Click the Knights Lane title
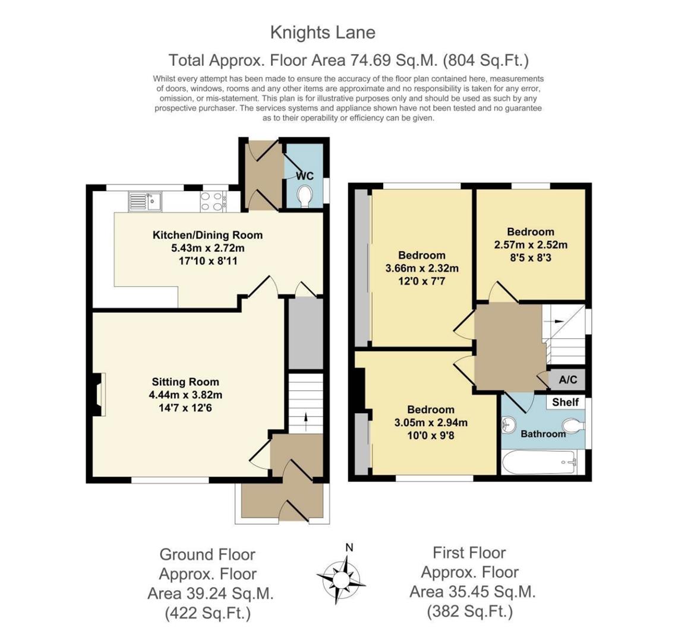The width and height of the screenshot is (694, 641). tap(323, 32)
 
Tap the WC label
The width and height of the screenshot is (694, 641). tap(304, 176)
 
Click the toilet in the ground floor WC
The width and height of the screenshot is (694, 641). tap(305, 196)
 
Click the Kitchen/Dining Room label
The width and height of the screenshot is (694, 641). tap(207, 235)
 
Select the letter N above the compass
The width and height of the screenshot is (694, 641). tap(349, 548)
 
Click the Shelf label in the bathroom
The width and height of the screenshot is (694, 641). tap(565, 402)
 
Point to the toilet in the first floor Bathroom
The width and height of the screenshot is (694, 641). tap(571, 425)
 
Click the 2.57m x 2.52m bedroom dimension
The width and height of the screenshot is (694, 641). tap(531, 245)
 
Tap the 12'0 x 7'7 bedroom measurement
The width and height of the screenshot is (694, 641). tap(421, 281)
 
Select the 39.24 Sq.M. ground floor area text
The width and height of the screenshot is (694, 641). tap(210, 594)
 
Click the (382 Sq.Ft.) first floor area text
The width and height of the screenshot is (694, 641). tap(469, 611)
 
